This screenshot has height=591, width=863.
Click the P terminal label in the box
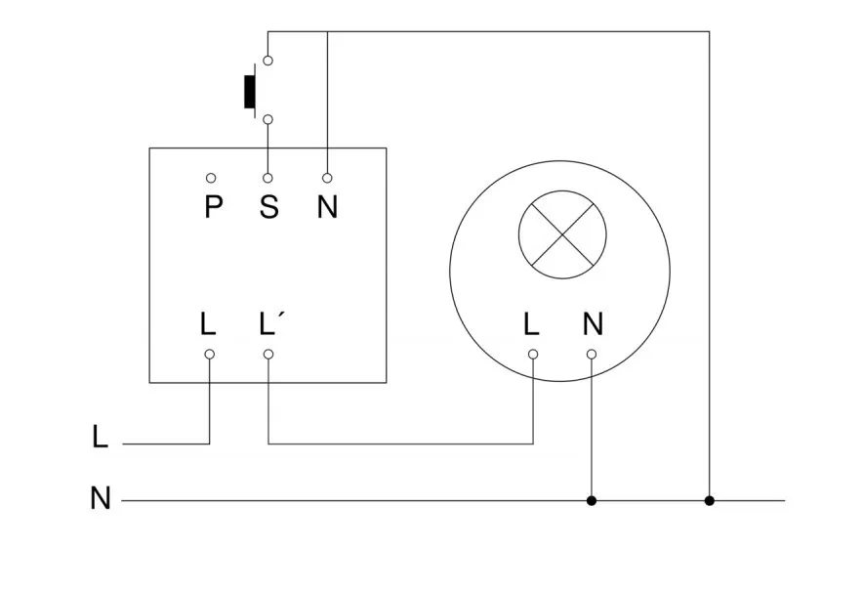click(x=213, y=208)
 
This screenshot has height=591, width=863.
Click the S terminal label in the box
click(x=268, y=208)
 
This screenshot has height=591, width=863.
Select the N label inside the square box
click(x=327, y=208)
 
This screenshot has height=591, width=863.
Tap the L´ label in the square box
click(x=272, y=323)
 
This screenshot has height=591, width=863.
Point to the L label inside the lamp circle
click(x=531, y=323)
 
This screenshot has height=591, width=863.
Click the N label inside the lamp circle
click(x=593, y=323)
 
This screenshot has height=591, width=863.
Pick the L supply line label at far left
click(x=100, y=437)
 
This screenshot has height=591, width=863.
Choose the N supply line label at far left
click(x=100, y=498)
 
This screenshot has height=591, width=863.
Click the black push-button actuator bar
click(x=250, y=89)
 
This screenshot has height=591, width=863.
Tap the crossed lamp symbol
click(x=562, y=234)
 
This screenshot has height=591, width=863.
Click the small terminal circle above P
click(x=211, y=178)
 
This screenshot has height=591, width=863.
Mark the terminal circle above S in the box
click(x=268, y=178)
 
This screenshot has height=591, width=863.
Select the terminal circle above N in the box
click(x=327, y=178)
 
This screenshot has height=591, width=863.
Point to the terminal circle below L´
click(x=268, y=354)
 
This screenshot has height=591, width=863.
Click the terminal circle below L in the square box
click(x=209, y=354)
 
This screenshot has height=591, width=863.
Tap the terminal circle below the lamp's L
click(x=533, y=354)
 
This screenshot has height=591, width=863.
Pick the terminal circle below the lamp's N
click(x=591, y=354)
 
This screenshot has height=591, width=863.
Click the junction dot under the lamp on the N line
click(x=591, y=500)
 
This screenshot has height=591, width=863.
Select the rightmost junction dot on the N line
click(x=710, y=500)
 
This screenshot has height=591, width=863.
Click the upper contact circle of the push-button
click(x=268, y=61)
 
